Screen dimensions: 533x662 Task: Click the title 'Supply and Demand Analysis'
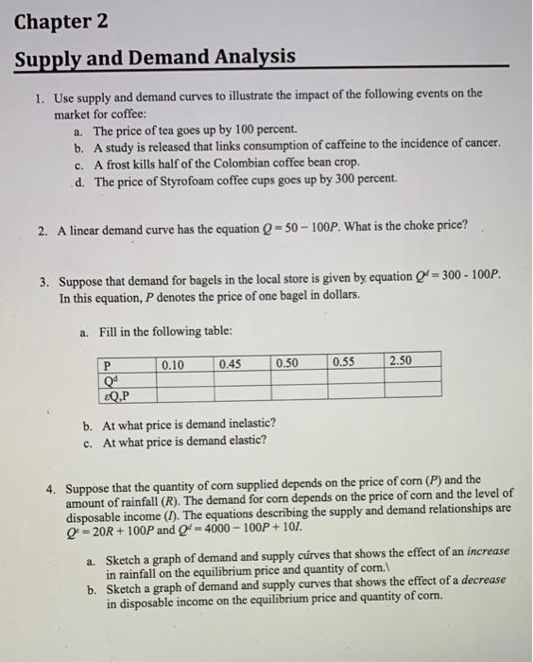155,57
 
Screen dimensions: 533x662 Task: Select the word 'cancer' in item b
476,144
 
